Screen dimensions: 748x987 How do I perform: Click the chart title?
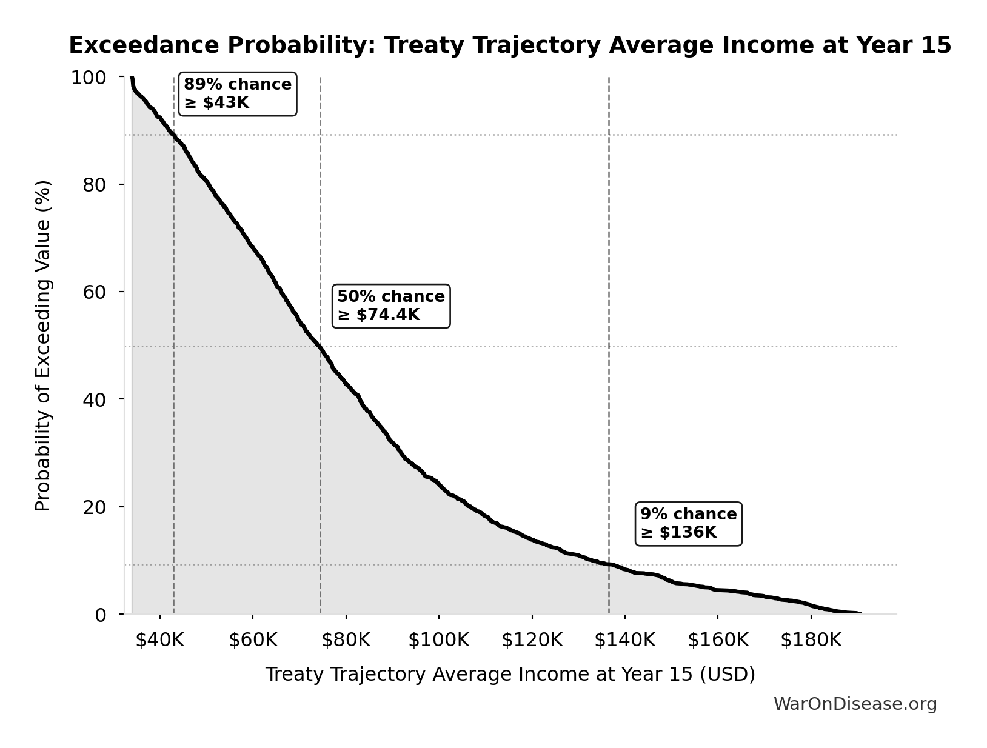[x=510, y=45]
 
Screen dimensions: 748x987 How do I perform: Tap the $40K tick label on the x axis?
[x=159, y=640]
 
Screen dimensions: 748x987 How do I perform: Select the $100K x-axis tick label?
[x=438, y=640]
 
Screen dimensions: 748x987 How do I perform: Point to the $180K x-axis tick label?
[x=811, y=640]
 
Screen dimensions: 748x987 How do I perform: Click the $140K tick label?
[x=624, y=640]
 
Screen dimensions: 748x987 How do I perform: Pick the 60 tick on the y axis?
[x=94, y=292]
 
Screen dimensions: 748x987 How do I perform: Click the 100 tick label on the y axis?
[x=89, y=78]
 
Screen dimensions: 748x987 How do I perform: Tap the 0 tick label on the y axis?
[x=101, y=615]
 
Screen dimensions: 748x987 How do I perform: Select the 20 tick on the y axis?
[x=94, y=507]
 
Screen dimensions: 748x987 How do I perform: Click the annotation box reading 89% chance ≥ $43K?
[x=238, y=94]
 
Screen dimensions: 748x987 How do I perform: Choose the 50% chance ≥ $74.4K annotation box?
[x=391, y=306]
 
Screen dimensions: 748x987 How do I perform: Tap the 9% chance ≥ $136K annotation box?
[x=688, y=523]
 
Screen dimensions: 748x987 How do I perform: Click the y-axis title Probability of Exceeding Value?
[x=43, y=346]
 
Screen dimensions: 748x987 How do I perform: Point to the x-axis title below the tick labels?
[x=510, y=674]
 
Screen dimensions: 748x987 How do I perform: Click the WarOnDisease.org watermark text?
[x=855, y=704]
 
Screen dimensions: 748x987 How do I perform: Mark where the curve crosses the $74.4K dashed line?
[x=320, y=347]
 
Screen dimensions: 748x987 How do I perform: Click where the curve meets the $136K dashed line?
[x=609, y=564]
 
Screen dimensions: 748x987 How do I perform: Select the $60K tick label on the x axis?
[x=253, y=640]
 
